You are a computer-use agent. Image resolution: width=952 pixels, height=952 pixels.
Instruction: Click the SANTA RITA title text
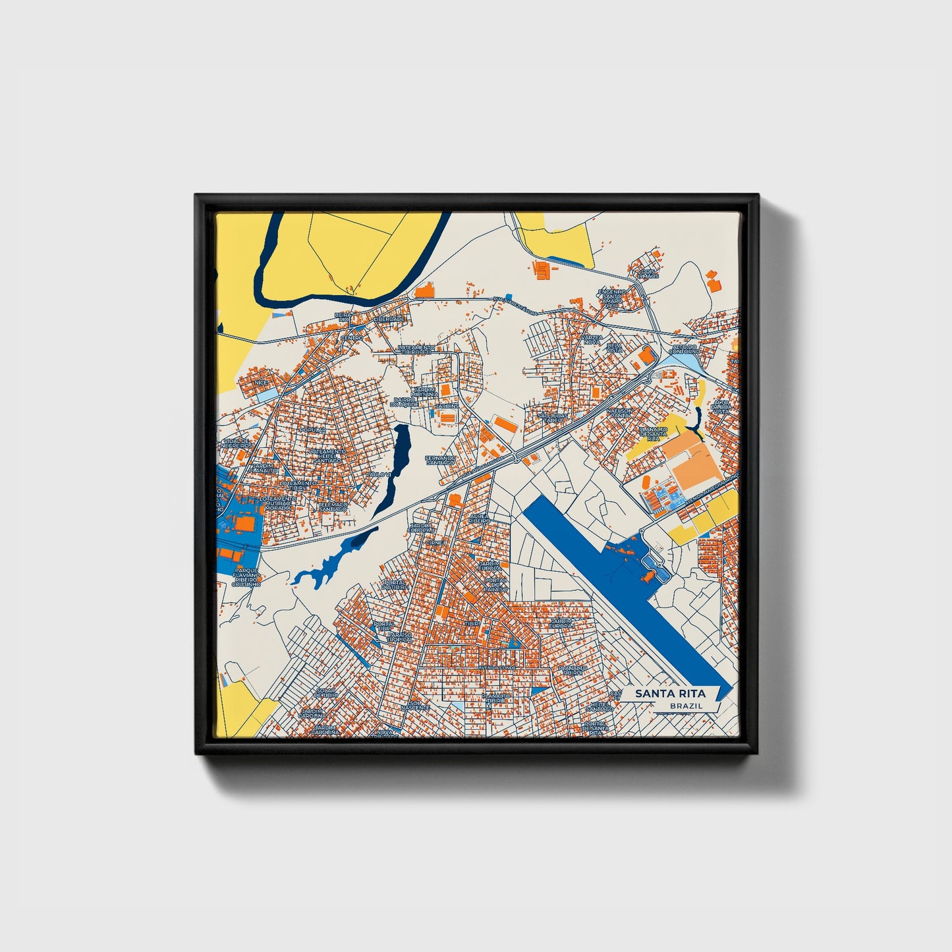point(671,694)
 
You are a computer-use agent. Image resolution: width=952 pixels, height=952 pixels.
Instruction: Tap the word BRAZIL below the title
point(685,706)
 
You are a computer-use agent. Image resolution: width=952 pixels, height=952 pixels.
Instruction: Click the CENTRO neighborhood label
point(351,338)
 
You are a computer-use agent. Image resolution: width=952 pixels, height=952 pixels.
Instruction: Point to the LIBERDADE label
point(389,319)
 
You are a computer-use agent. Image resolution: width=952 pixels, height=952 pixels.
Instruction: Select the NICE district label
point(262,381)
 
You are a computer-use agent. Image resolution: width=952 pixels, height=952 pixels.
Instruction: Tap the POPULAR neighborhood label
point(312,430)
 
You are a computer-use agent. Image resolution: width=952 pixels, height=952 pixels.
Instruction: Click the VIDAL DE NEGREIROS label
point(237,443)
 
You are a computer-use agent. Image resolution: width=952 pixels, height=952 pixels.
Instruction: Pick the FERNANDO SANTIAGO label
point(440,460)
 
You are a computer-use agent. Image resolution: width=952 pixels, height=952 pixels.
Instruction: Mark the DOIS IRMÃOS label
point(648,273)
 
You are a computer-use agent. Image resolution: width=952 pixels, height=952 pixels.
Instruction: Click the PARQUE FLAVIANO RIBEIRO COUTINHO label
point(246,577)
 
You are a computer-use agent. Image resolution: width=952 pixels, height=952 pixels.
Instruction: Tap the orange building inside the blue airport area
point(648,577)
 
